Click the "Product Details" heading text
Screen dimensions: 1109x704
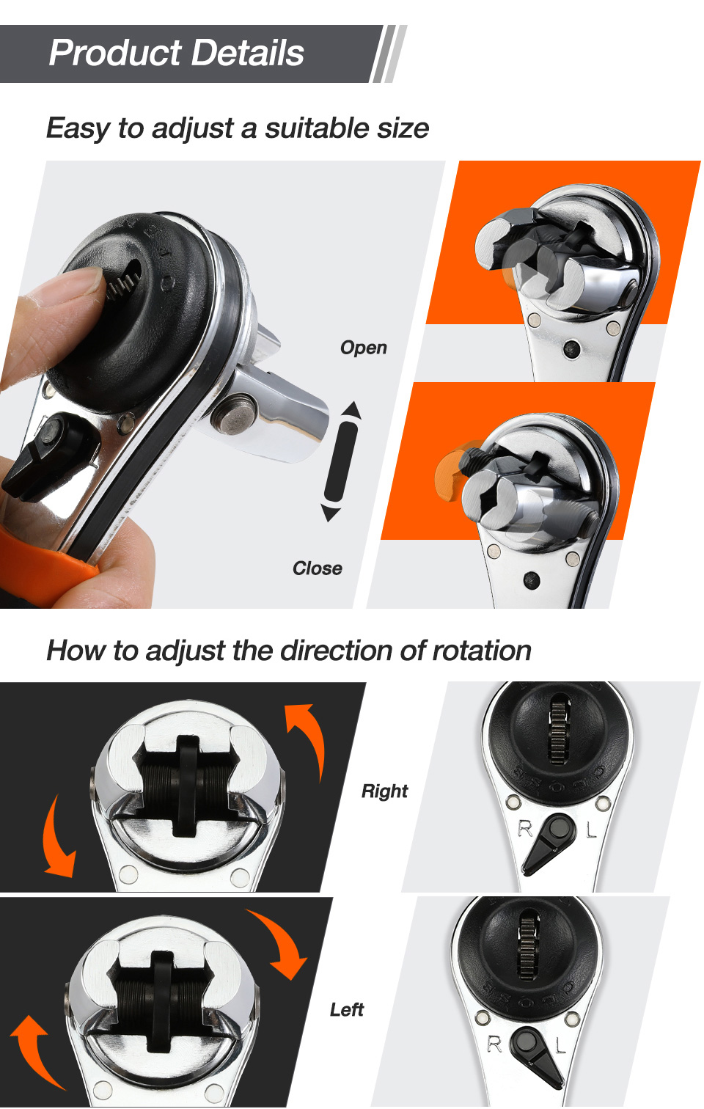pos(176,53)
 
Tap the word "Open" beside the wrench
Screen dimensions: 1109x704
pos(363,348)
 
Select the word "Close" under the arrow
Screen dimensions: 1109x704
pos(317,568)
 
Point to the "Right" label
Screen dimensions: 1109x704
pos(384,791)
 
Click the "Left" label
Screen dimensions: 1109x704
pos(346,1010)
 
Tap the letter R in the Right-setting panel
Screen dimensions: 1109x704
pos(525,829)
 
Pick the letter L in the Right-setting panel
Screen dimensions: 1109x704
pos(591,830)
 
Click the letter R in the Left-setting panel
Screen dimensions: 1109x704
pos(495,1044)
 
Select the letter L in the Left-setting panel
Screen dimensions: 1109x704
pos(560,1045)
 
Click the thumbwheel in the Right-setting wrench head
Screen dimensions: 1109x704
pos(559,726)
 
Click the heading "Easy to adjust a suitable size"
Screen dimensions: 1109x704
pos(237,128)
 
